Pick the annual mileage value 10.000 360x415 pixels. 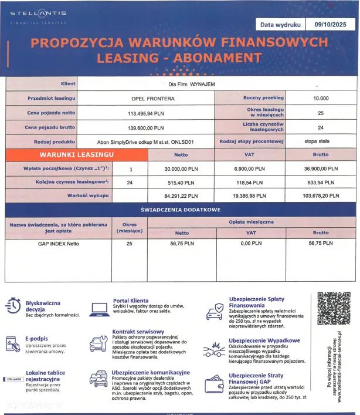pos(321,98)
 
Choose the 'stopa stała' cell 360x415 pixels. pos(321,141)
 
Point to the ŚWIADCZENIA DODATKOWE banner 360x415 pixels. pos(180,210)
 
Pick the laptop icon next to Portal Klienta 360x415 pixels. pos(98,307)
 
